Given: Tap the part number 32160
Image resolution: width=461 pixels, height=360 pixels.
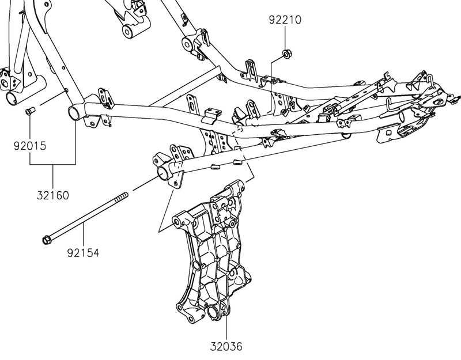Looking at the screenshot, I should (x=53, y=195).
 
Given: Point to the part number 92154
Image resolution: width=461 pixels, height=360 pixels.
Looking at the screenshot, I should (x=83, y=252).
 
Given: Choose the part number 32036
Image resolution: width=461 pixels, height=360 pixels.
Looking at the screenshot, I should (x=226, y=347).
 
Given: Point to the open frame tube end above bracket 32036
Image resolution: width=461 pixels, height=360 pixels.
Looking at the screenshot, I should (x=163, y=173).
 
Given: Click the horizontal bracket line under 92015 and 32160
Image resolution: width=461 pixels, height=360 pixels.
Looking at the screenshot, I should (x=53, y=164).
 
